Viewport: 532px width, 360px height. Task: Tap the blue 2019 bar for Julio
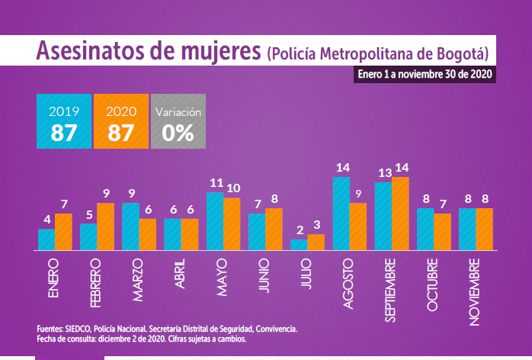[x=299, y=244]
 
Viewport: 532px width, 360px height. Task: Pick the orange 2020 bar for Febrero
[x=105, y=226]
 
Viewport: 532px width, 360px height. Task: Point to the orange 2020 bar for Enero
[x=63, y=231]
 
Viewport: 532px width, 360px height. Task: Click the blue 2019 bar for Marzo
[x=130, y=226]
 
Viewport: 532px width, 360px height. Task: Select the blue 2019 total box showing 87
[x=64, y=122]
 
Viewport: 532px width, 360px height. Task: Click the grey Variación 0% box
[x=178, y=122]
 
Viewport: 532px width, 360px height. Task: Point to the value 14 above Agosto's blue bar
[x=342, y=167]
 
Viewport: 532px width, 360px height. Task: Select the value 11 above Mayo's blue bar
[x=216, y=183]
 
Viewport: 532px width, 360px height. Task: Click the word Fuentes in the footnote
[x=50, y=329]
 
